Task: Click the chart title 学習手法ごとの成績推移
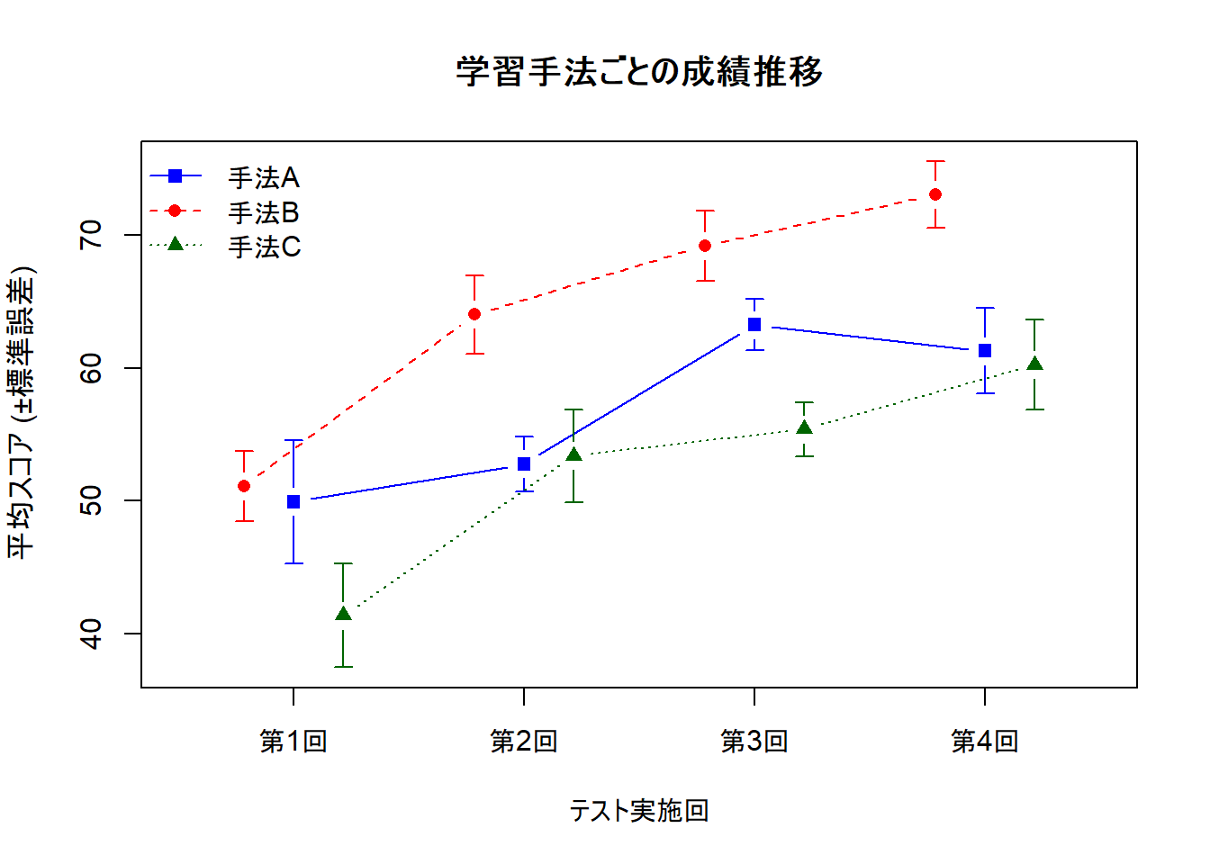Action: tap(639, 71)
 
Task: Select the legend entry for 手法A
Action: tap(263, 178)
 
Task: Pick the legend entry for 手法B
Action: tap(263, 213)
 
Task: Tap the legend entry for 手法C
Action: tap(263, 247)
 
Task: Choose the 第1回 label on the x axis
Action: tap(293, 742)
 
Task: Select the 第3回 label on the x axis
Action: tap(754, 742)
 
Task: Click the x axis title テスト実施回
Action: tap(639, 811)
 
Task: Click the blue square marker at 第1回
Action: tap(293, 501)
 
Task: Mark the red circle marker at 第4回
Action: tap(935, 194)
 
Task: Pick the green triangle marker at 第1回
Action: tap(343, 614)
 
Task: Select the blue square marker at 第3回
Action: tap(754, 325)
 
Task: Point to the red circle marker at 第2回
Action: tap(474, 314)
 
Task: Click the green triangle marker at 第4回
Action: tap(1034, 364)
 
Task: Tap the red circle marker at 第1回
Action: tap(244, 486)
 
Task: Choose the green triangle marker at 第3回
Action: tap(805, 428)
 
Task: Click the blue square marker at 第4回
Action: tap(985, 351)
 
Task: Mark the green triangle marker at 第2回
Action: tap(573, 454)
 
